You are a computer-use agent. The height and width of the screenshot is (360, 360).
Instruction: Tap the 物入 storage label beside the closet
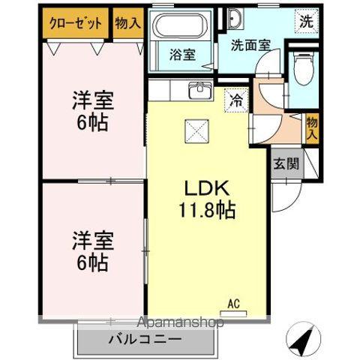(x=128, y=22)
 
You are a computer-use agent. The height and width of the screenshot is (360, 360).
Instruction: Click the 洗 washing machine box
(x=307, y=22)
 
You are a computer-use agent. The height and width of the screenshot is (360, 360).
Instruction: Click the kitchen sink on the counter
(x=201, y=90)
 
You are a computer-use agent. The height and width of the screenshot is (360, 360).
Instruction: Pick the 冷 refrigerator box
(x=236, y=98)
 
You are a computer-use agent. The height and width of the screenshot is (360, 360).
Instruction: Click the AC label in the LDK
(x=233, y=304)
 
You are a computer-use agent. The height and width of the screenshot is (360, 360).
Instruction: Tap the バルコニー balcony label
(x=143, y=339)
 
